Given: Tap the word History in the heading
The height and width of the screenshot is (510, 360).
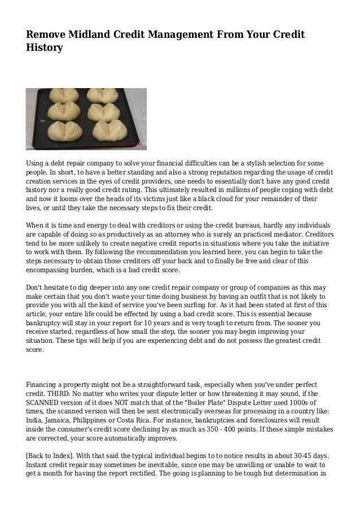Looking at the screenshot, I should (44, 49).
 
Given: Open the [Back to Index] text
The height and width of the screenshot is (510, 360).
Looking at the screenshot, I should (49, 454).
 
